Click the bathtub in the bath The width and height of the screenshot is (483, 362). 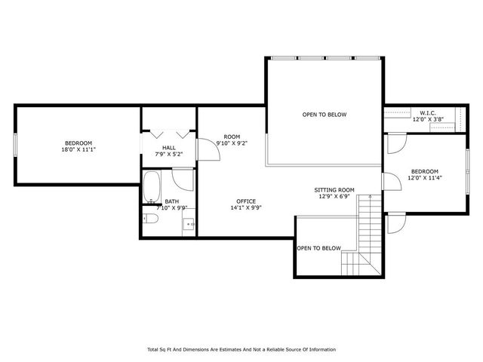(x=152, y=188)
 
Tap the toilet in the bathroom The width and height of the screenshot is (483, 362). (x=150, y=219)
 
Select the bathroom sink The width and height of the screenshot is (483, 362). (x=189, y=223)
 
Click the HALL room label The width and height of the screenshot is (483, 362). (x=169, y=148)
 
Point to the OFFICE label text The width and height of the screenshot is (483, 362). (x=246, y=201)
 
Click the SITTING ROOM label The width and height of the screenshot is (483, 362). (x=334, y=190)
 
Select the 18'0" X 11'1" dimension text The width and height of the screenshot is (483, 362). (x=78, y=150)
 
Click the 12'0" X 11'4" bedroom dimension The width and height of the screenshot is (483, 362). (x=424, y=178)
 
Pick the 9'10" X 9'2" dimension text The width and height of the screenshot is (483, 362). (x=232, y=143)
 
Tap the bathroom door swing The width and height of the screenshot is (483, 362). (x=183, y=179)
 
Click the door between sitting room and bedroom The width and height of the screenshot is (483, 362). (x=390, y=182)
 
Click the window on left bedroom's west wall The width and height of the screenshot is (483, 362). (x=16, y=144)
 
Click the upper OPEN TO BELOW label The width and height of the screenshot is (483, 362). (x=324, y=115)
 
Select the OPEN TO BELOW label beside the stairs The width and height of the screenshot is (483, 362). (x=318, y=248)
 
